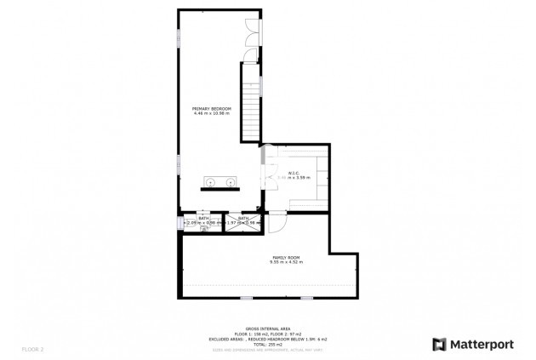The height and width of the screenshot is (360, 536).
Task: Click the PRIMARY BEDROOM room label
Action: [x=212, y=109]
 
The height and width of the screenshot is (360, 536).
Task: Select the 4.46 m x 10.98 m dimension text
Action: [x=212, y=114]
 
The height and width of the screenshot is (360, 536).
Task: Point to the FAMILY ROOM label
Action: [x=286, y=257]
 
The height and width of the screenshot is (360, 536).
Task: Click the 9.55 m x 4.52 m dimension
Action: [x=286, y=262]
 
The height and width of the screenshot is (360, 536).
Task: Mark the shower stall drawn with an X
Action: [x=232, y=226]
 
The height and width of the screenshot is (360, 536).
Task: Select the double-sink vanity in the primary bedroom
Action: [x=220, y=182]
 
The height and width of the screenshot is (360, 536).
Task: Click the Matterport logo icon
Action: [x=439, y=345]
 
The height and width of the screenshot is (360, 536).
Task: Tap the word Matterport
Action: [x=482, y=345]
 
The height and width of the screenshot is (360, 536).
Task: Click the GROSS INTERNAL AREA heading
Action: [x=267, y=328]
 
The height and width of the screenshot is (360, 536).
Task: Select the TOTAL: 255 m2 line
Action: [x=267, y=344]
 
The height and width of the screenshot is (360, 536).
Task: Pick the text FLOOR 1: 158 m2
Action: [x=246, y=333]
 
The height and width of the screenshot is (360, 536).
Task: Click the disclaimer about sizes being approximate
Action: [x=267, y=350]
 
